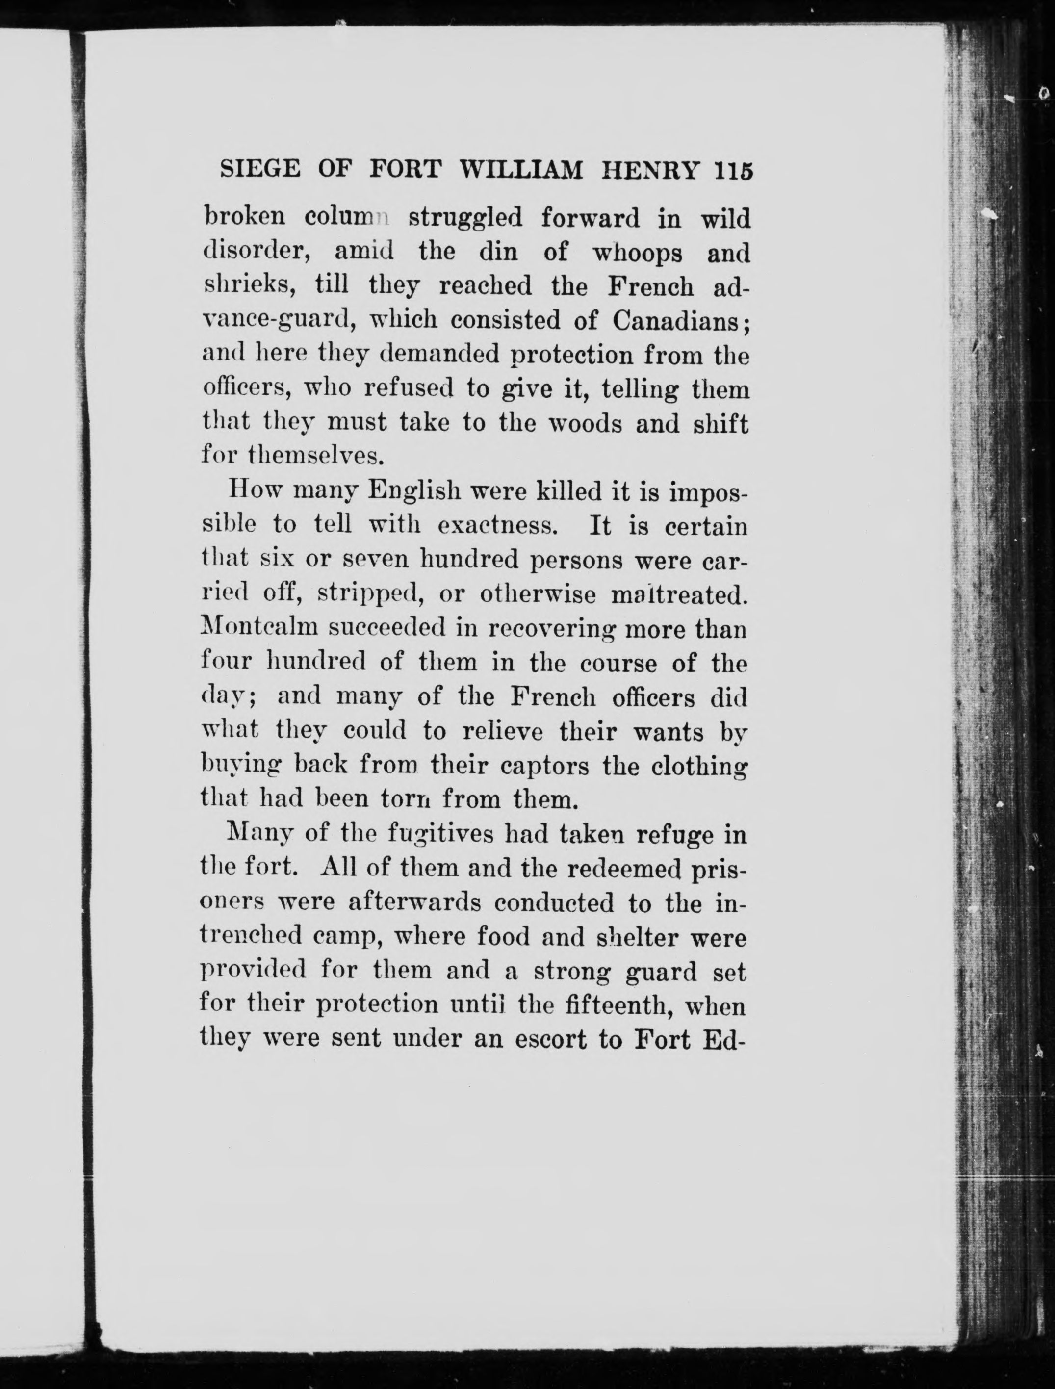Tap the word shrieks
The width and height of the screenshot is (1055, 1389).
pos(244,286)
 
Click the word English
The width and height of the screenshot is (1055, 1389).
pos(412,490)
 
